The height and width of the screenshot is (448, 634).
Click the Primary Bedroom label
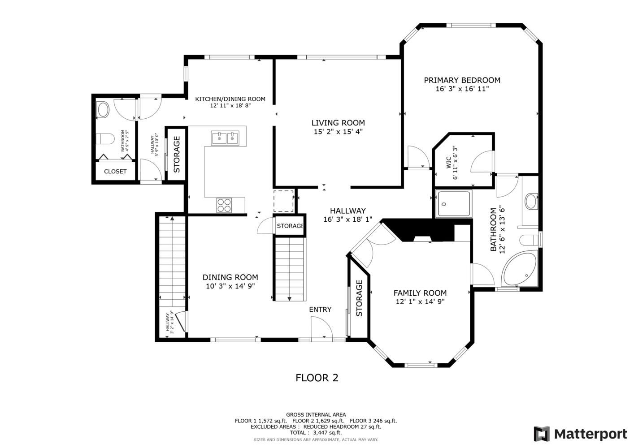click(462, 80)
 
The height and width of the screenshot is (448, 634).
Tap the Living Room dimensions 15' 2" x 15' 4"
click(338, 132)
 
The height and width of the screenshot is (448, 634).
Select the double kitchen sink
click(225, 138)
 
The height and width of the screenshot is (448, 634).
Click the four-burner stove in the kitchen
click(224, 205)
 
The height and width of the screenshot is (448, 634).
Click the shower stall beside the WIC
click(454, 203)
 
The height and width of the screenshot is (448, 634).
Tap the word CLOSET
click(115, 172)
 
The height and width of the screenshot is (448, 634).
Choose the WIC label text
click(449, 163)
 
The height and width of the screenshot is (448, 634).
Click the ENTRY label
click(320, 310)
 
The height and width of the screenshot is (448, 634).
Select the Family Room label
click(420, 293)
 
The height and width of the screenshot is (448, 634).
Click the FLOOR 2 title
click(317, 378)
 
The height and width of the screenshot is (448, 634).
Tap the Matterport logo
click(580, 434)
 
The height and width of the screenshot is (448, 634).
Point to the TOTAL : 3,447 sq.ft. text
click(316, 433)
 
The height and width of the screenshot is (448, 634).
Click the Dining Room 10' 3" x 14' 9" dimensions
click(230, 286)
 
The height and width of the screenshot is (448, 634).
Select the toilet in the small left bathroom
click(105, 139)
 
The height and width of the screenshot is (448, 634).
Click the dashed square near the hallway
click(284, 201)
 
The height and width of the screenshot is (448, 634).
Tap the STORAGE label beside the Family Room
click(359, 298)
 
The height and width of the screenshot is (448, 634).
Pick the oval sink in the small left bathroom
click(103, 109)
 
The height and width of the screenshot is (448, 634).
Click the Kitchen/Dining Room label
click(230, 99)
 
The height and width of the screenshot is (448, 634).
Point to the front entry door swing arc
click(326, 323)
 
